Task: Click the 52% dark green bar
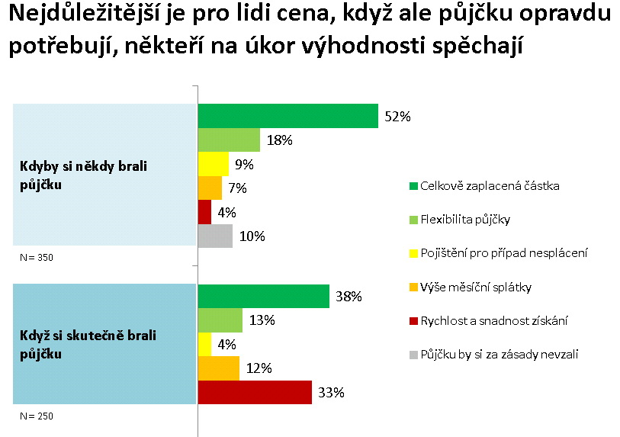pyautogui.click(x=288, y=116)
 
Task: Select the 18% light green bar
pyautogui.click(x=229, y=140)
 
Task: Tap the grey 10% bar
pyautogui.click(x=215, y=236)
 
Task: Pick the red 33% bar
pyautogui.click(x=254, y=393)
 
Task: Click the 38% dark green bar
pyautogui.click(x=263, y=297)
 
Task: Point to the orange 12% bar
pyautogui.click(x=218, y=368)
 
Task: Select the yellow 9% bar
pyautogui.click(x=213, y=164)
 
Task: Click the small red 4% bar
pyautogui.click(x=204, y=211)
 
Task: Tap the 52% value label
pyautogui.click(x=398, y=117)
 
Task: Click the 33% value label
pyautogui.click(x=332, y=394)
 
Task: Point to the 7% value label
pyautogui.click(x=238, y=188)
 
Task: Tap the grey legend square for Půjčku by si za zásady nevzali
pyautogui.click(x=413, y=355)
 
